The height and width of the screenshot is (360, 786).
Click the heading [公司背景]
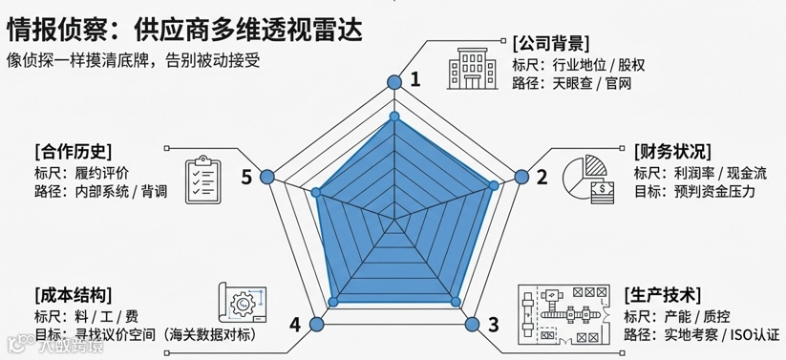point(550,44)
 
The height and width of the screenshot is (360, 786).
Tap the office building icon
point(472,69)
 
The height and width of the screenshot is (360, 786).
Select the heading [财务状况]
point(672,151)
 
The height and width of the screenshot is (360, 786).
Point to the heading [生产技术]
point(663,295)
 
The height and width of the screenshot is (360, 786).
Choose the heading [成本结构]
point(74,294)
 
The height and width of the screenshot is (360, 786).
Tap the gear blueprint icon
point(243,303)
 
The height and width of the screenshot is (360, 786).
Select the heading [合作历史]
point(74,151)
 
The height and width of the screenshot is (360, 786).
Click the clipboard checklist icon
point(203,179)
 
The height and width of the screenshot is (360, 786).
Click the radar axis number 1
point(415,79)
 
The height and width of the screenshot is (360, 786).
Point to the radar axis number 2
point(542,177)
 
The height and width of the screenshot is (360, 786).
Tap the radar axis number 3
point(493,325)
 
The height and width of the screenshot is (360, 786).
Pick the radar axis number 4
point(295,325)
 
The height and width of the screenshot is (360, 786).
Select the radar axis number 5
point(246,177)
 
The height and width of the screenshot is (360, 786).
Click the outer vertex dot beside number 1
point(394,82)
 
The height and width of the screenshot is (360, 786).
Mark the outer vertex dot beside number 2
point(521,177)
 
